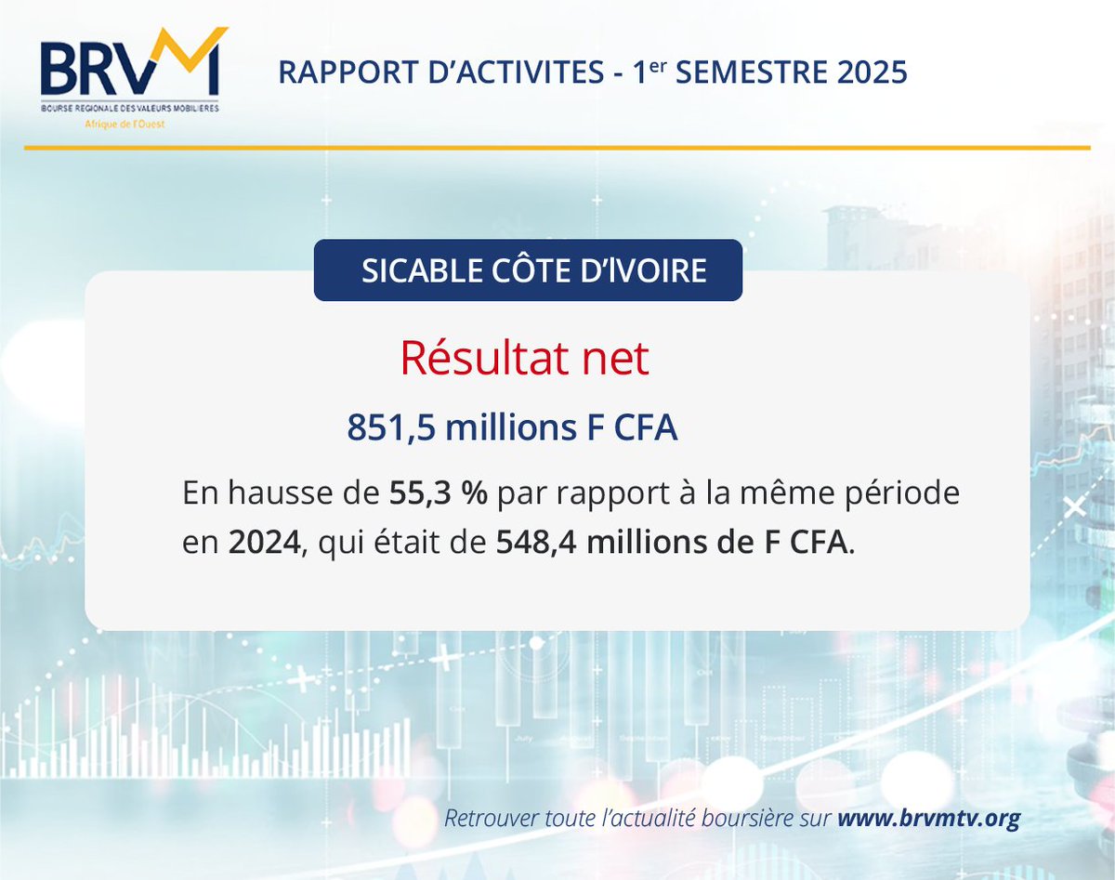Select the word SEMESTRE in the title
pos(757,72)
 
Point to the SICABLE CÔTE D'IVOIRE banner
pos(528,270)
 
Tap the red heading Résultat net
pos(524,359)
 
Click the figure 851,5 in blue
pos(391,428)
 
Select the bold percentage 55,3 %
pos(438,493)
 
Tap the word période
pos(899,493)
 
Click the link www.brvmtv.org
pos(929,819)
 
